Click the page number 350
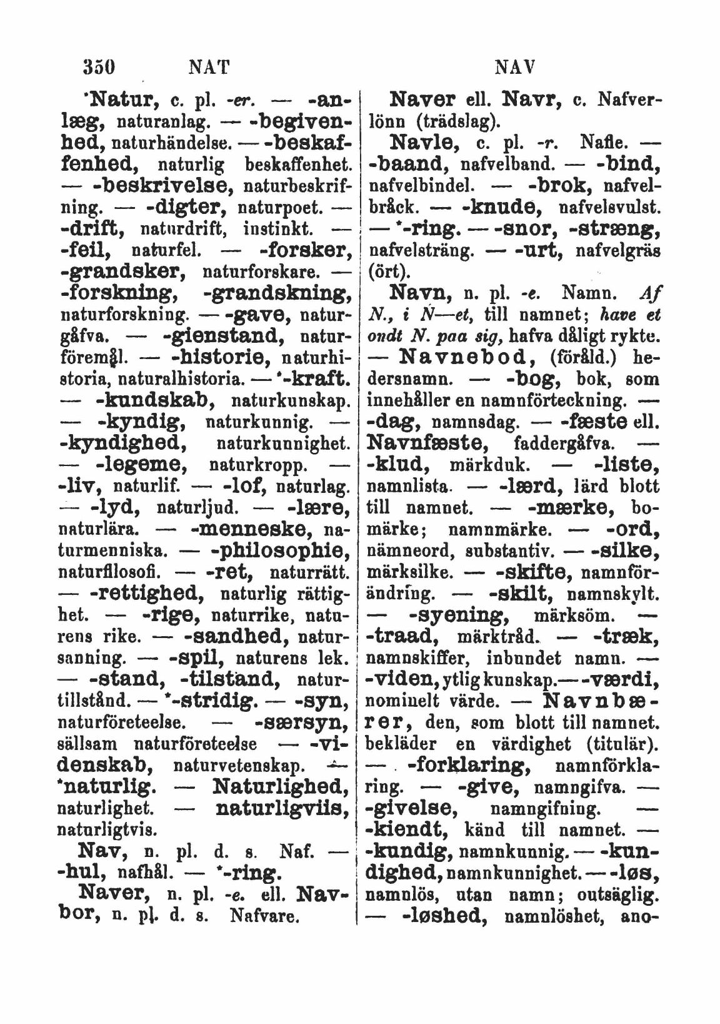[102, 64]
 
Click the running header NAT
[209, 64]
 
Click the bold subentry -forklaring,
[474, 765]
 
